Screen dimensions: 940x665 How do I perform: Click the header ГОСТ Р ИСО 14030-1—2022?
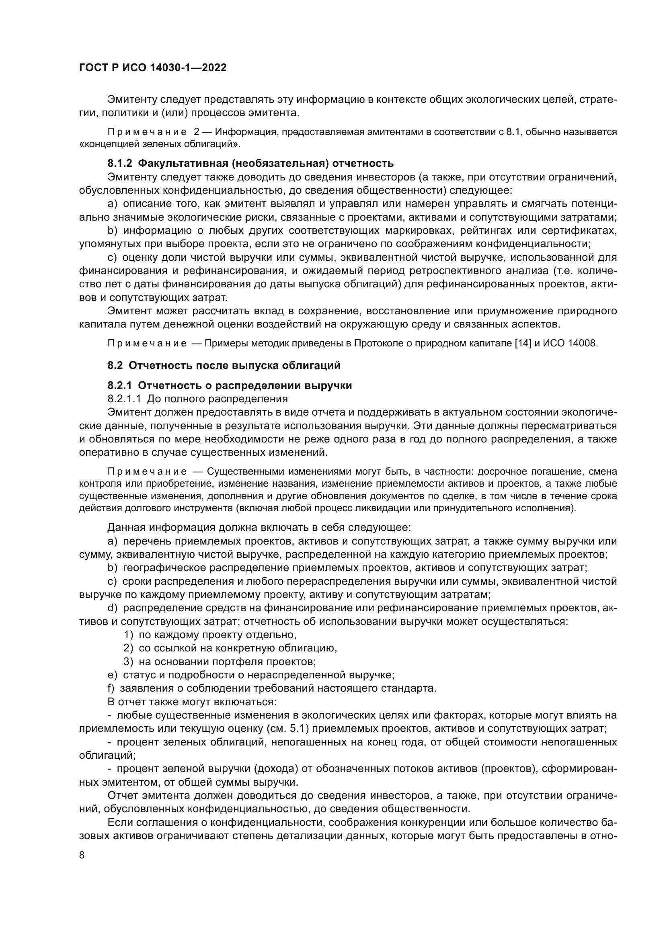[x=152, y=68]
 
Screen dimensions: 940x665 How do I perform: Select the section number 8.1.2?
[x=119, y=163]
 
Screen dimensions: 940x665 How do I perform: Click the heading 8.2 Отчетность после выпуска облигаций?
[x=224, y=365]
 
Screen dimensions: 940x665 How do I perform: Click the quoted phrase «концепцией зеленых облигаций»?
[x=160, y=144]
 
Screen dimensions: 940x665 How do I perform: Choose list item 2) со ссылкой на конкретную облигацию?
[x=230, y=648]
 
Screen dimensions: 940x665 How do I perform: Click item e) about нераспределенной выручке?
[x=250, y=675]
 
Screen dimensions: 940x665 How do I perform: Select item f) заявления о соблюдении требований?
[x=272, y=688]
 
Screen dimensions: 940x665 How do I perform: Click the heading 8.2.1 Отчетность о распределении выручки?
[x=229, y=385]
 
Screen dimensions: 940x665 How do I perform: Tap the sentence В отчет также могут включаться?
[x=192, y=702]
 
